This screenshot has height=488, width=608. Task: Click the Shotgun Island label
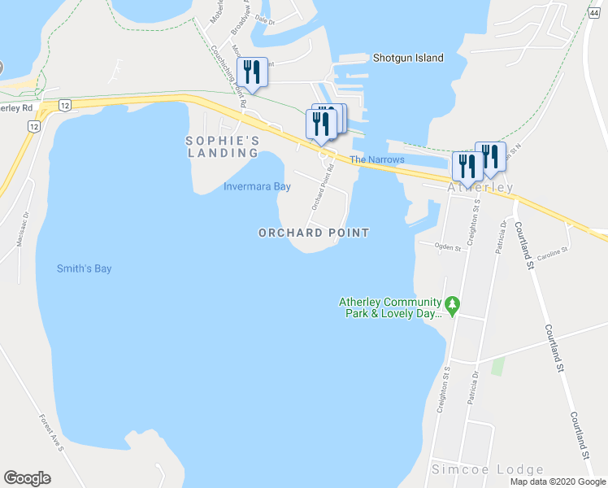408,58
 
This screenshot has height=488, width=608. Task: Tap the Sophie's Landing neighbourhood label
223,146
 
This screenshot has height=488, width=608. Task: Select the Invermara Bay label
257,186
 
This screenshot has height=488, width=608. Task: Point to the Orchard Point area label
314,233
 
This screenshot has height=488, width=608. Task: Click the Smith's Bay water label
84,268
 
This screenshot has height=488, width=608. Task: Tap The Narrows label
376,159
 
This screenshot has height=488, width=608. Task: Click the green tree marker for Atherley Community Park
454,307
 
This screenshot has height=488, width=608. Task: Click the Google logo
27,478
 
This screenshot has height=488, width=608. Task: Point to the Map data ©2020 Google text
558,481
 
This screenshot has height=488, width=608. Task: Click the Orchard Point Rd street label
322,185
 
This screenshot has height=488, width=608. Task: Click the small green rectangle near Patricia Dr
497,365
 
